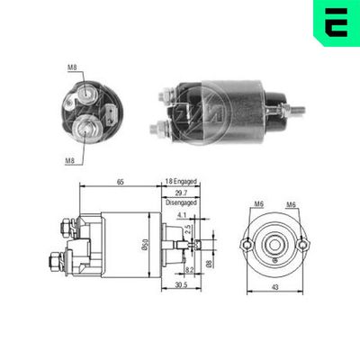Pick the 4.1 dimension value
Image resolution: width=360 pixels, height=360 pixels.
pos(184,214)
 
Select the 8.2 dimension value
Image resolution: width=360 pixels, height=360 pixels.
pos(189,269)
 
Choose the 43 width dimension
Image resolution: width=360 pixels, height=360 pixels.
pos(274,288)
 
